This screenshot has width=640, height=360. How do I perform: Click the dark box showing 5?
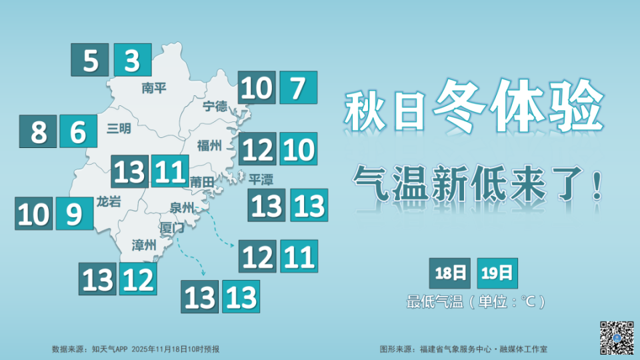point(91,61)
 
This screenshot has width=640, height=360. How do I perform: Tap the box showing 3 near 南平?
point(132,61)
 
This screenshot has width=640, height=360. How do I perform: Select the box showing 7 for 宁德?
point(297,87)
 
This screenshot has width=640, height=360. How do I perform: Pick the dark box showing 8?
point(39,131)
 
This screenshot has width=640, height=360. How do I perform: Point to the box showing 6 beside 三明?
point(78,131)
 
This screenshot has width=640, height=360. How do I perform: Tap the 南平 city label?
point(154,88)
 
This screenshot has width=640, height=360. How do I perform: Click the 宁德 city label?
point(215,106)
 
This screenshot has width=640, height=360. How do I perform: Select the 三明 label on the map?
point(119,129)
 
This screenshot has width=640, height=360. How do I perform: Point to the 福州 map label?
point(209,145)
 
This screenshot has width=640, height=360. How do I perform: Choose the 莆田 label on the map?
point(202,181)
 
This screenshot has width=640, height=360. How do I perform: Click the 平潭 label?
point(261,180)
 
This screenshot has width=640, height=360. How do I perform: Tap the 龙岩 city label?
point(109,201)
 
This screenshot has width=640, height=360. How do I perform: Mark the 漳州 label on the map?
point(144,245)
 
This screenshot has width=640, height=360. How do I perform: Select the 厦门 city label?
point(171,227)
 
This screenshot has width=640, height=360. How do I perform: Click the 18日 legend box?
point(449,273)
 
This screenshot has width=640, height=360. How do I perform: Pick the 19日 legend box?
point(497,273)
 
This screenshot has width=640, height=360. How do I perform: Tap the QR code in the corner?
point(616,337)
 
